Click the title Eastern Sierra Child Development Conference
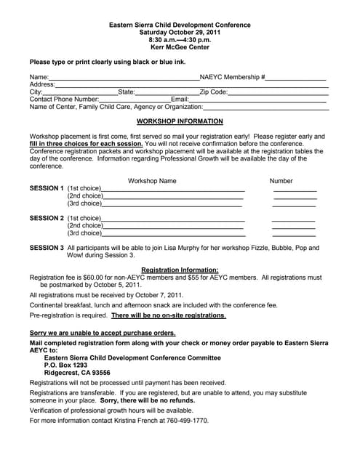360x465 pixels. [x=180, y=24]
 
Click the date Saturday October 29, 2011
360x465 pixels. [x=180, y=32]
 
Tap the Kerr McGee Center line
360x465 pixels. [x=180, y=47]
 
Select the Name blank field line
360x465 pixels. [x=124, y=78]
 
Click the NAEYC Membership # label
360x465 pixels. [x=232, y=76]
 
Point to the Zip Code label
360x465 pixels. [x=214, y=92]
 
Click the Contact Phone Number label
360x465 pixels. [x=64, y=100]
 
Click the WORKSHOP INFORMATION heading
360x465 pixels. [x=180, y=121]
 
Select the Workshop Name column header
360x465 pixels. [x=152, y=181]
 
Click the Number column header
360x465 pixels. [x=281, y=181]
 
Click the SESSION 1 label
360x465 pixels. [x=47, y=189]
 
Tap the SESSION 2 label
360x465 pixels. [x=47, y=218]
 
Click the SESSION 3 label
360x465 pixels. [x=47, y=248]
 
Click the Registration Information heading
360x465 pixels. [x=180, y=270]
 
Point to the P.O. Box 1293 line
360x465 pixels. [x=71, y=365]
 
